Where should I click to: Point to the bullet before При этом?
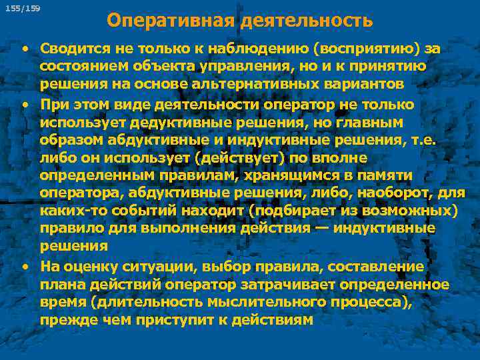pyautogui.click(x=25, y=105)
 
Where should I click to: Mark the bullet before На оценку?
pyautogui.click(x=25, y=267)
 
